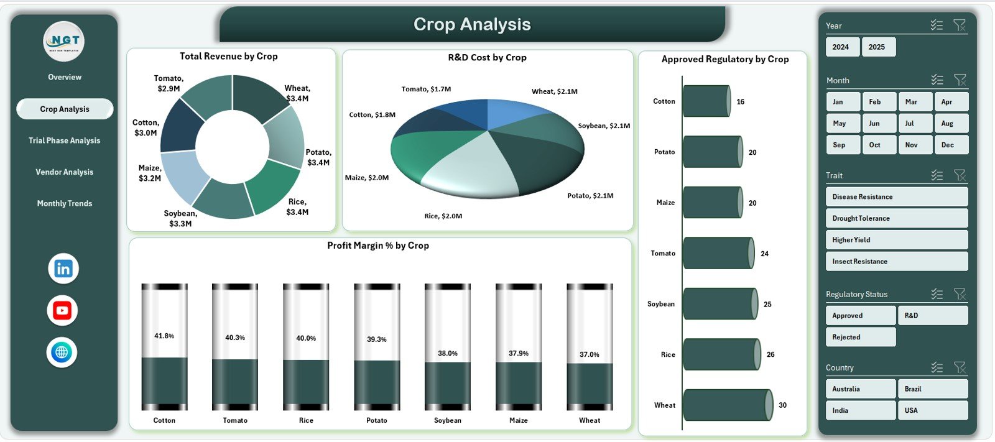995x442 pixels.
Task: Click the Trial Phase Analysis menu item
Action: coord(64,140)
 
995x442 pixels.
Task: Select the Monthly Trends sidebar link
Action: coord(64,203)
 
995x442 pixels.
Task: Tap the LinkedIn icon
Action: coord(63,269)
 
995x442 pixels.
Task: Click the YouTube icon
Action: coord(62,310)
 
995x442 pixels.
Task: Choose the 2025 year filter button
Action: coord(878,47)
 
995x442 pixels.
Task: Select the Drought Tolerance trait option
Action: coord(896,218)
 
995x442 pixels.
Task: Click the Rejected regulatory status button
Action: coord(861,337)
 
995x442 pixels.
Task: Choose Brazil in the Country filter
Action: coord(932,389)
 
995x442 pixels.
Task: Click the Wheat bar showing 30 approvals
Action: coord(727,405)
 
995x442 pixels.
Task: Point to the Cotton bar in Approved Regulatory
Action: coord(706,101)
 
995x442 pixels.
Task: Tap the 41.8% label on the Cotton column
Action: coord(164,336)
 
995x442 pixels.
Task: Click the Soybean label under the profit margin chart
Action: coord(448,420)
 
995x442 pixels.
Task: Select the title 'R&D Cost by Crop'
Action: coord(487,57)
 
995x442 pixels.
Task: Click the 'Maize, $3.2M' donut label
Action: coord(150,173)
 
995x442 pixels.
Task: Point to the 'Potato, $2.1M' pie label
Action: coord(590,196)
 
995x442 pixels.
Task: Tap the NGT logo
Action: coord(64,42)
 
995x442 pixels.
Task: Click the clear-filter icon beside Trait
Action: coord(960,175)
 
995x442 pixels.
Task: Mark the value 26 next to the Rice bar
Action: coord(771,354)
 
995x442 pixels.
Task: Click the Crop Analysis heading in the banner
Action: coord(472,24)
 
